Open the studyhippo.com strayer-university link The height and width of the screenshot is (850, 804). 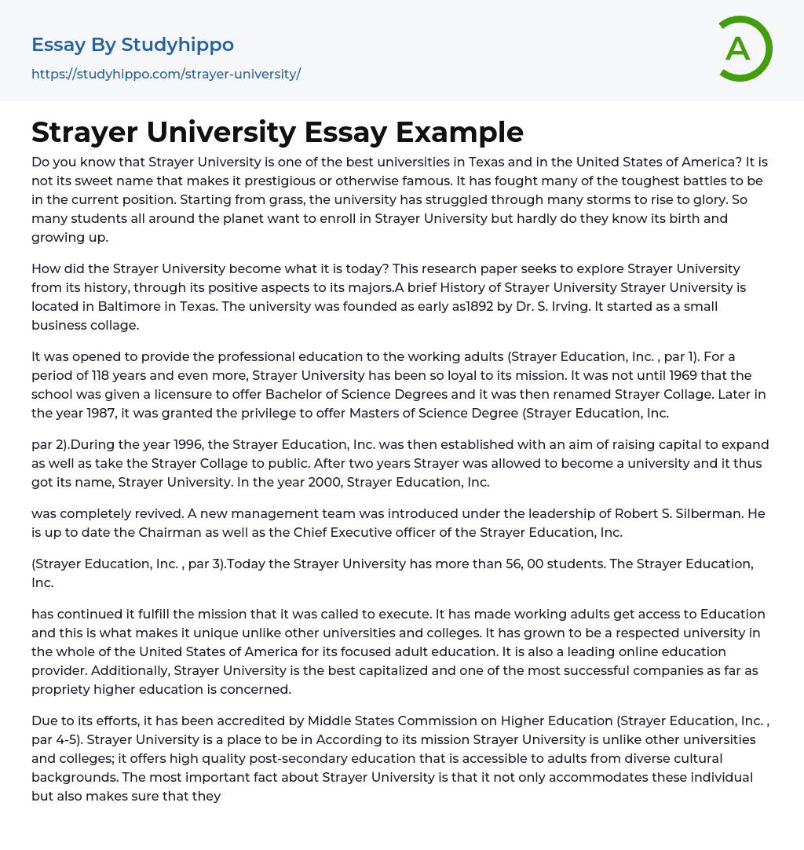click(x=166, y=74)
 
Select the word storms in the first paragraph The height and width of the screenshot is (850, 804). click(x=538, y=199)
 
